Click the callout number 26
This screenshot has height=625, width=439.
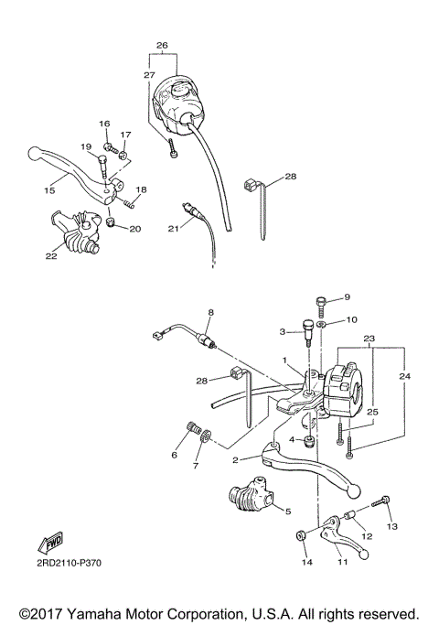point(162,45)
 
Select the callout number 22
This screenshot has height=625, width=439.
point(52,256)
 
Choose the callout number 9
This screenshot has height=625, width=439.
point(347,297)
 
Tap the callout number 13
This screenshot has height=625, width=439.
point(393,527)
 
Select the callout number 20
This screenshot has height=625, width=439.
point(134,228)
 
